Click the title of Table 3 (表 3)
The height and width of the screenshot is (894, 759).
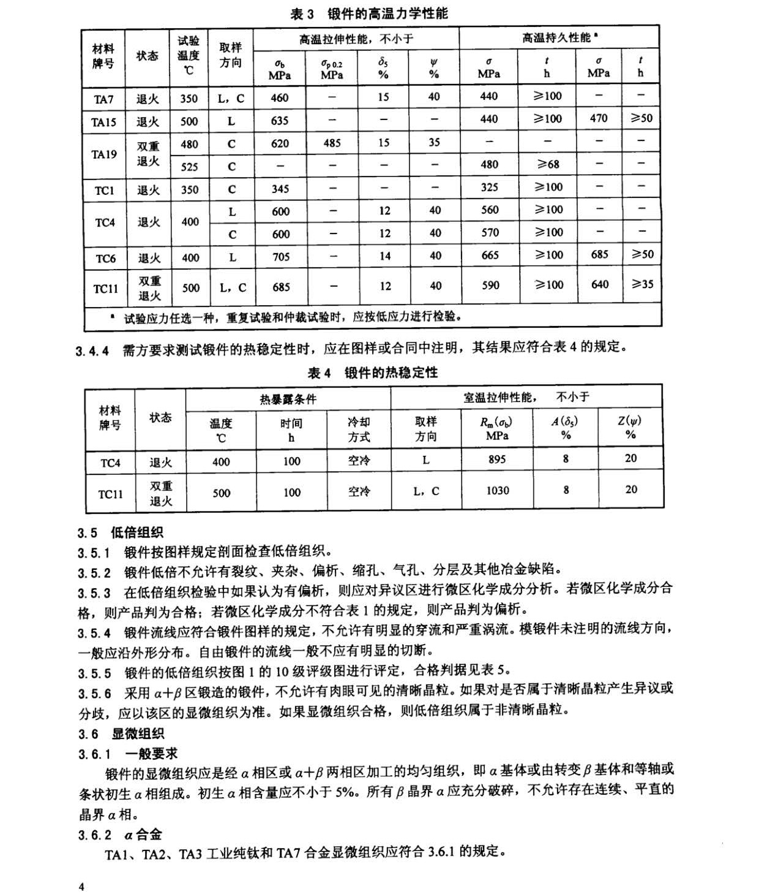pyautogui.click(x=368, y=13)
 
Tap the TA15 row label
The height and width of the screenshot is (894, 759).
pyautogui.click(x=103, y=121)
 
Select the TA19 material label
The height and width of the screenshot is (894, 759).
pyautogui.click(x=103, y=154)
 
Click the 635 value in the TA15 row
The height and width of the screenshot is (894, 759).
pyautogui.click(x=279, y=121)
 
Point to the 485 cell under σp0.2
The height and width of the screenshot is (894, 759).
pyautogui.click(x=332, y=143)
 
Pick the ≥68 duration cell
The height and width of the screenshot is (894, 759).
pyautogui.click(x=547, y=165)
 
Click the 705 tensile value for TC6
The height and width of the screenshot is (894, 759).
pyautogui.click(x=280, y=257)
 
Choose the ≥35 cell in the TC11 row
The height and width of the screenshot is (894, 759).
pyautogui.click(x=641, y=284)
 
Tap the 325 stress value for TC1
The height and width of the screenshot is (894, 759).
pyautogui.click(x=489, y=188)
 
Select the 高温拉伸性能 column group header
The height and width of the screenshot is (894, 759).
pyautogui.click(x=356, y=39)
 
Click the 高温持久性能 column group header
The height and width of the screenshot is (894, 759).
pyautogui.click(x=559, y=38)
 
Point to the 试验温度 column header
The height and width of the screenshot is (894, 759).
pyautogui.click(x=189, y=55)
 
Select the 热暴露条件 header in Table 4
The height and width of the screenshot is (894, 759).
pyautogui.click(x=288, y=399)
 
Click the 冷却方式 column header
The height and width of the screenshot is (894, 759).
pyautogui.click(x=359, y=430)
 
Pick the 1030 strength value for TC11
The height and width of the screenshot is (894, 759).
pyautogui.click(x=496, y=491)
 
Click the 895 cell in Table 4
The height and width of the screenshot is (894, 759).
pyautogui.click(x=496, y=459)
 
